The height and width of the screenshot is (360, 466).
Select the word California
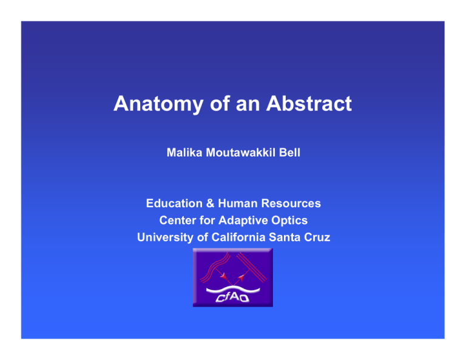237,238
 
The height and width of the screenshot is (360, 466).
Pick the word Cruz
317,238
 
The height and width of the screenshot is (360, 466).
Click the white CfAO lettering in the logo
233,297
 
